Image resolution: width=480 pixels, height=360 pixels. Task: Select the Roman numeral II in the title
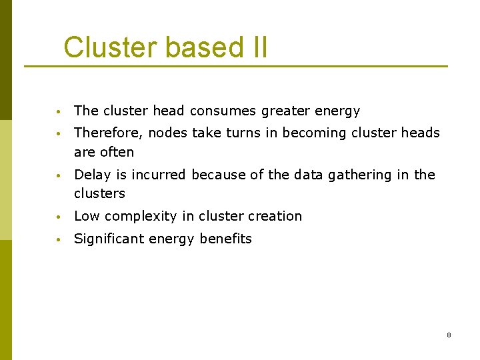pyautogui.click(x=257, y=47)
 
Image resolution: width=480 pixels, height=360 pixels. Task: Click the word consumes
pyautogui.click(x=223, y=111)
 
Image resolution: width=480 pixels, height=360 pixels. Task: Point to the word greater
pyautogui.click(x=284, y=111)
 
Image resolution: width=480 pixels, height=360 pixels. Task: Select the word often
pyautogui.click(x=117, y=152)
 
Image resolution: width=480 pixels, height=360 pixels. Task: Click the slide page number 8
pyautogui.click(x=449, y=335)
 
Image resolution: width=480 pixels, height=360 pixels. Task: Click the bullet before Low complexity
pyautogui.click(x=59, y=217)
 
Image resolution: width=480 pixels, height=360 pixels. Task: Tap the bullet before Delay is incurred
pyautogui.click(x=59, y=175)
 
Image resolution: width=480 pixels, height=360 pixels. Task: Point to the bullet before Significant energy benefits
pyautogui.click(x=59, y=239)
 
